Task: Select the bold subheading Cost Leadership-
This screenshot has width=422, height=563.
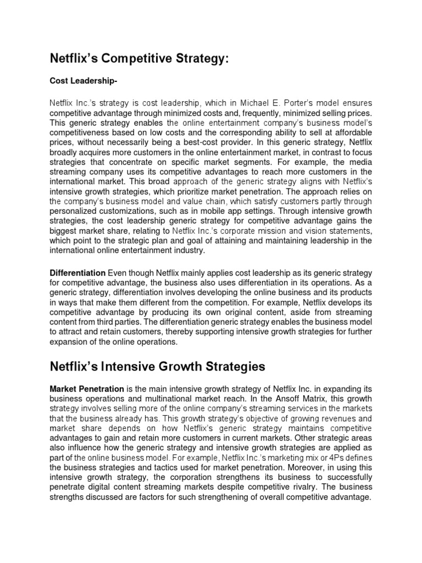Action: [x=84, y=81]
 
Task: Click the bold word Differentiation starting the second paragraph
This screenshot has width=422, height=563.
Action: [x=77, y=273]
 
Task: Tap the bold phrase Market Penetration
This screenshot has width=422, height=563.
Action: [x=87, y=389]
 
